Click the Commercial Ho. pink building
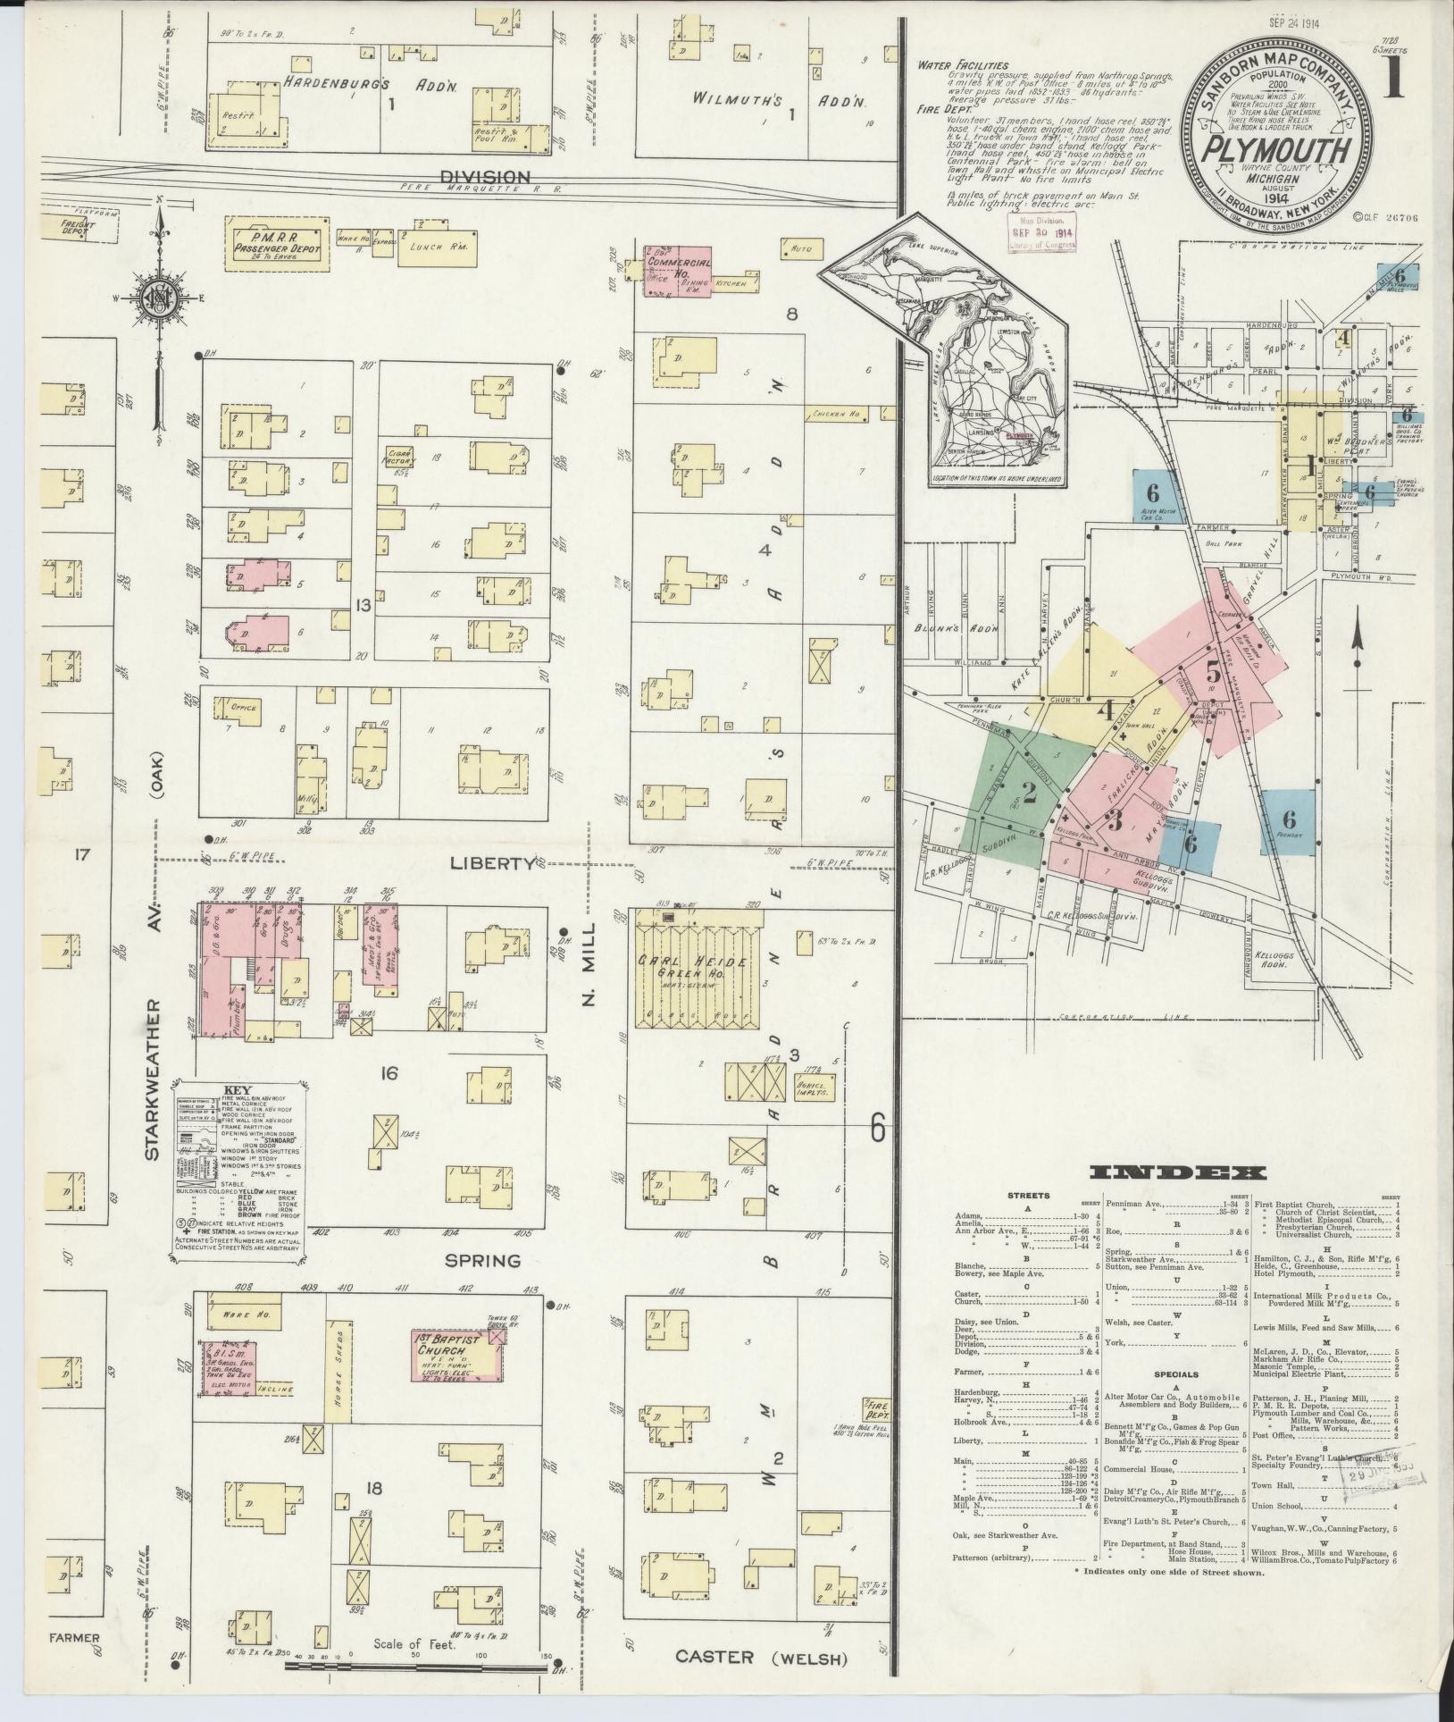coord(679,272)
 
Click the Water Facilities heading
coord(966,65)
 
